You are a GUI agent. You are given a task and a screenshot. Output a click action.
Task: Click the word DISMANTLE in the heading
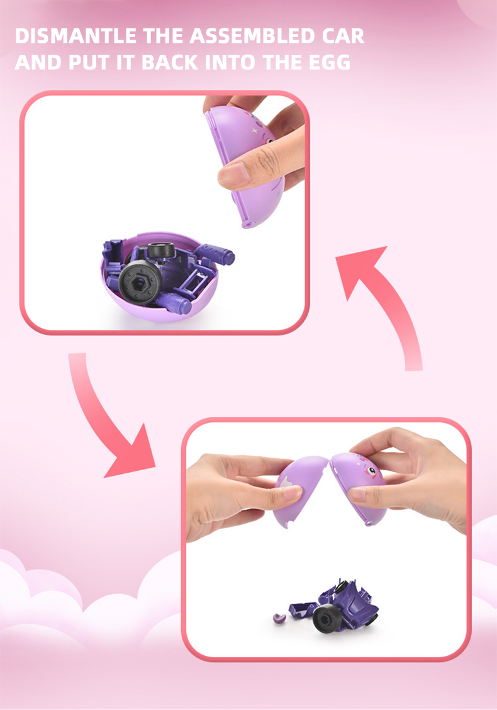click(75, 36)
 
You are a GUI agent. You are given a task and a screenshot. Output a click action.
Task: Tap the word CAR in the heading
click(343, 36)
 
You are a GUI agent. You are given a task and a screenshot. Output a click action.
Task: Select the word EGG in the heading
click(330, 62)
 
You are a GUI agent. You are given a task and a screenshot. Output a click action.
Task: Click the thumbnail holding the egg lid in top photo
click(233, 174)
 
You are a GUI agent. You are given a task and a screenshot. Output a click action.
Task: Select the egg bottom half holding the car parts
click(159, 295)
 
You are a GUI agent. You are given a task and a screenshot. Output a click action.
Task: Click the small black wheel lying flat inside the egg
click(160, 250)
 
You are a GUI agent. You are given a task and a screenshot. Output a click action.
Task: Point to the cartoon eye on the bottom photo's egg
click(371, 471)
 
